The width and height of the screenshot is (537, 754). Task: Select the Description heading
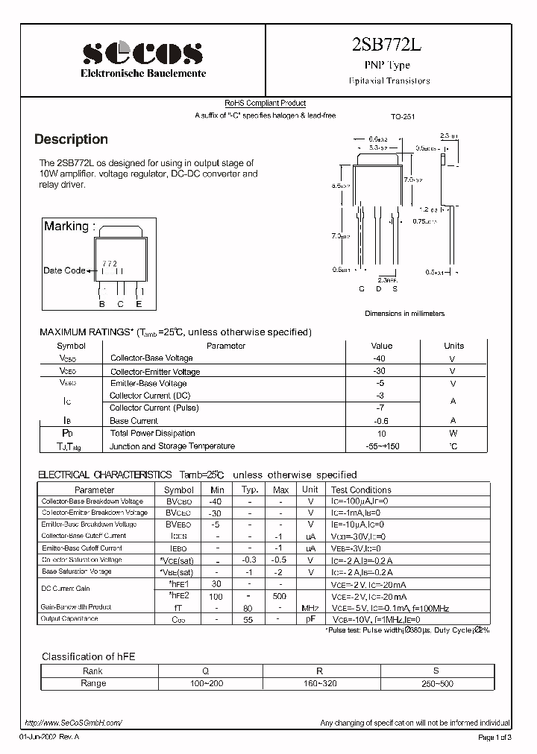pyautogui.click(x=72, y=139)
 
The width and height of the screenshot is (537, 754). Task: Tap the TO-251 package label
pyautogui.click(x=403, y=117)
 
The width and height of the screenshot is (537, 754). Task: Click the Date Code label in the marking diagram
pyautogui.click(x=64, y=270)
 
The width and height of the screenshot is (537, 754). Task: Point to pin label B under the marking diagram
pyautogui.click(x=102, y=303)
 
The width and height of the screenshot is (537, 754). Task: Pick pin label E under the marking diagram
pyautogui.click(x=139, y=303)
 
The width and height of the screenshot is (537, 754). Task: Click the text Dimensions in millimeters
pyautogui.click(x=404, y=314)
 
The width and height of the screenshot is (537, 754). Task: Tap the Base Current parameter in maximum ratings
pyautogui.click(x=134, y=421)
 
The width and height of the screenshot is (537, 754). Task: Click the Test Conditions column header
pyautogui.click(x=361, y=490)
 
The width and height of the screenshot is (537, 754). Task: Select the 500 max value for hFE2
pyautogui.click(x=280, y=597)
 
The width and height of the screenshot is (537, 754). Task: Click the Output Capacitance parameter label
pyautogui.click(x=69, y=618)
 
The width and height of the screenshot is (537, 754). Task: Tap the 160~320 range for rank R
pyautogui.click(x=322, y=683)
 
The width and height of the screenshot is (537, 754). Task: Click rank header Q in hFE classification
pyautogui.click(x=205, y=671)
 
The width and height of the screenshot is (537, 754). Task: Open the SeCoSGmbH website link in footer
pyautogui.click(x=72, y=723)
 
